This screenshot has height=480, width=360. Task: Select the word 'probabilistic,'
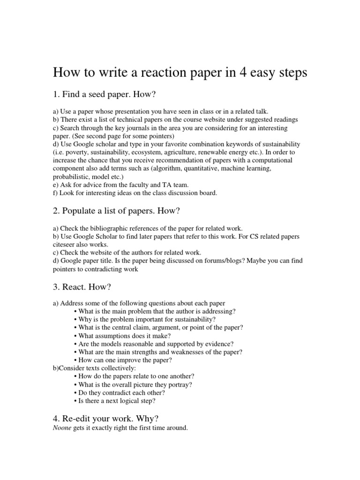pos(71,176)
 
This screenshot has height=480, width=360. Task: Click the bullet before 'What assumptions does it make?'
pos(76,336)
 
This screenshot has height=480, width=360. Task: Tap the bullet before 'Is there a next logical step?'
pos(76,401)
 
